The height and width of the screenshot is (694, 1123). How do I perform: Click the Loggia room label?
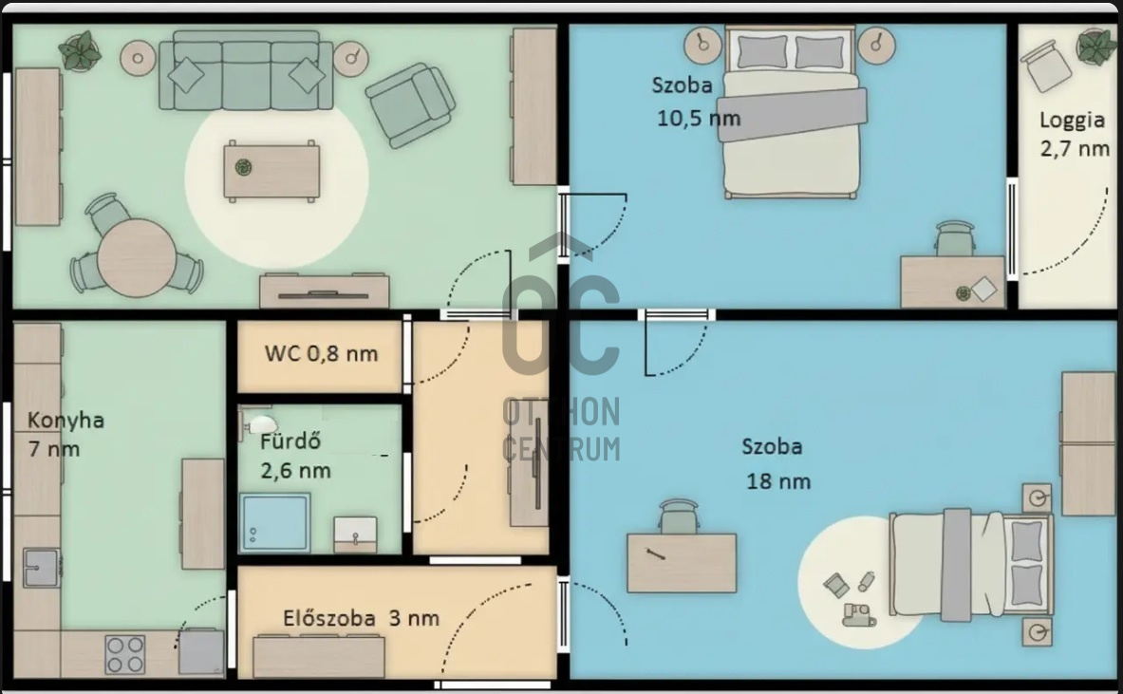(1072, 120)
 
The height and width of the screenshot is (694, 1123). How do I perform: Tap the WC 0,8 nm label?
(321, 353)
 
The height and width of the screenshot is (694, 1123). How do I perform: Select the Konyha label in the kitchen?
(66, 420)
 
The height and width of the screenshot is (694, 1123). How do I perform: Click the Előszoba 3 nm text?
(361, 618)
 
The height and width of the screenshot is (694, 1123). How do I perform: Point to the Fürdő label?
(290, 441)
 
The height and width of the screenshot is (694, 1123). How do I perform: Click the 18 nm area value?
(778, 480)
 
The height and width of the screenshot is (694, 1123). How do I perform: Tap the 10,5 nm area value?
(699, 118)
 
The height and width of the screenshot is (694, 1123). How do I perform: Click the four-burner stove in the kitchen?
(125, 655)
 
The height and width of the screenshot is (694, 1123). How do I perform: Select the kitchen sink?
(42, 567)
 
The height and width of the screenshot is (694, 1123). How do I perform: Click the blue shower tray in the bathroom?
(275, 522)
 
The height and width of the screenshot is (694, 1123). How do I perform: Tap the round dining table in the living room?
(137, 258)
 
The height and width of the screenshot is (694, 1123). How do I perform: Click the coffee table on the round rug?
(271, 171)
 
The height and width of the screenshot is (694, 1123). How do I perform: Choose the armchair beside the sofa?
(410, 103)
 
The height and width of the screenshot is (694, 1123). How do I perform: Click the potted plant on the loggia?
(1096, 46)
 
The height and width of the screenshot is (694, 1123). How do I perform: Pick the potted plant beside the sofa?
(80, 50)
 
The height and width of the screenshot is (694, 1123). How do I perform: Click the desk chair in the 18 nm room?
(678, 517)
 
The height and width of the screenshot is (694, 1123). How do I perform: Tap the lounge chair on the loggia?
(1046, 66)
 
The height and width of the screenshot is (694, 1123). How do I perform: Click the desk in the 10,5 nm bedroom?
(952, 282)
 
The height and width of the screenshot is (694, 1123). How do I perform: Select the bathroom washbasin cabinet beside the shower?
(355, 535)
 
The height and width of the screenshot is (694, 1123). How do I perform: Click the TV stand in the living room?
(325, 291)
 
